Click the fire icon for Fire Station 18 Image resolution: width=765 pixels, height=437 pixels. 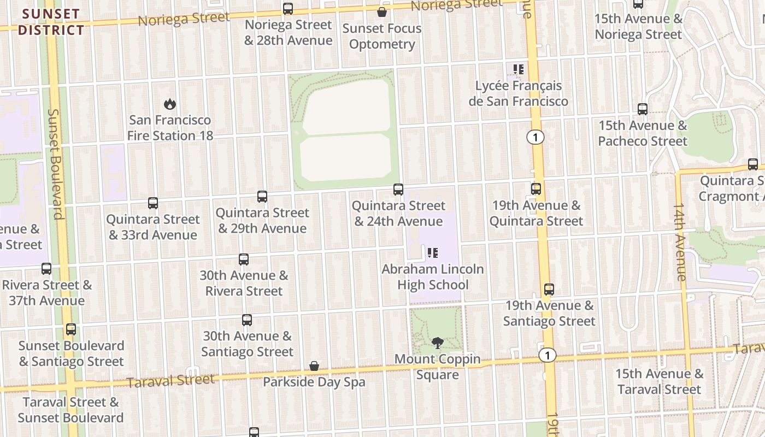click(x=170, y=104)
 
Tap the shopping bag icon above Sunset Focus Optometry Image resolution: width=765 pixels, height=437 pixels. click(x=382, y=12)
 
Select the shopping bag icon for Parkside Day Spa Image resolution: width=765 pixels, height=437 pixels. click(x=314, y=366)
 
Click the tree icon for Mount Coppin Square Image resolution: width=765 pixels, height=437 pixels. click(x=437, y=343)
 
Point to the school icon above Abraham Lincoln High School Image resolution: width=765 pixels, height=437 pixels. click(x=432, y=252)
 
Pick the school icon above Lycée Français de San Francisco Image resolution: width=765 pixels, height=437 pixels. click(x=518, y=69)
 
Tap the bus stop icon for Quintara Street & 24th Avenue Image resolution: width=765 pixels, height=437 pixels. click(x=398, y=190)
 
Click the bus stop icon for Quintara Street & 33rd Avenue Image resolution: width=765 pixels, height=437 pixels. click(x=153, y=203)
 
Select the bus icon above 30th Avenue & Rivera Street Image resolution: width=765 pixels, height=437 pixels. click(x=244, y=259)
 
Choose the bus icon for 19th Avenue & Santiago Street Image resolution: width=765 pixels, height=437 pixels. click(x=549, y=290)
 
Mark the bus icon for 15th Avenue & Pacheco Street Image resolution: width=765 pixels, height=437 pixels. click(x=643, y=109)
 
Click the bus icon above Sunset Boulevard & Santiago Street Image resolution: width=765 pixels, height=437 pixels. click(x=71, y=329)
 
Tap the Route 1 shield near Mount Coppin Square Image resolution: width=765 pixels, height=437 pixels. click(x=547, y=355)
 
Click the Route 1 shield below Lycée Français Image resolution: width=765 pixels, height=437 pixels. click(x=535, y=137)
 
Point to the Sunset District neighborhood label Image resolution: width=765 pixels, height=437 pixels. click(x=51, y=22)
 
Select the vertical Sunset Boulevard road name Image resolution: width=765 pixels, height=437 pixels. click(x=56, y=164)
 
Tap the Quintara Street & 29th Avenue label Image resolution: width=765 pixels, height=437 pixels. click(x=262, y=221)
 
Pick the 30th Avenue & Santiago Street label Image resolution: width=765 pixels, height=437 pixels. click(x=247, y=344)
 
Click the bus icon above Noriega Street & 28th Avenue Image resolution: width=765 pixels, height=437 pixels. click(x=288, y=9)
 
